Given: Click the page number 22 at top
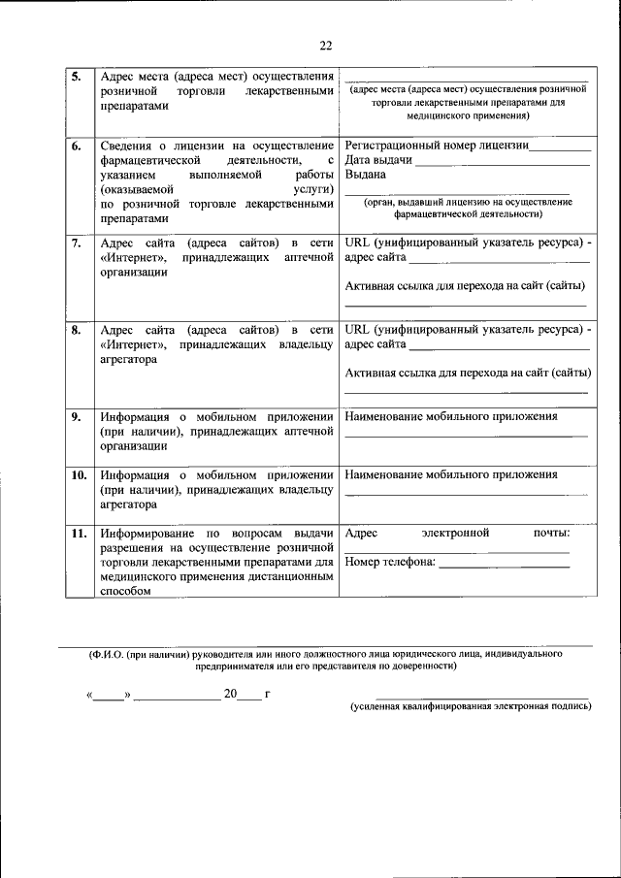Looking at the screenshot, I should pyautogui.click(x=325, y=45).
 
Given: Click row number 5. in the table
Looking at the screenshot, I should pyautogui.click(x=77, y=77).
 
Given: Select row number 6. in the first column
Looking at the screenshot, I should pyautogui.click(x=77, y=146).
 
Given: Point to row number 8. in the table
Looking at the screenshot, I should pyautogui.click(x=77, y=330).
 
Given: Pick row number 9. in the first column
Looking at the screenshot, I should pyautogui.click(x=77, y=417).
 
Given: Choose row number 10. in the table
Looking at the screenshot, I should pyautogui.click(x=79, y=475).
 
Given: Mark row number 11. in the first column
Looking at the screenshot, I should pyautogui.click(x=79, y=534).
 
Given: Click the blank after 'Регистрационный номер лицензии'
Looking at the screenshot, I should pyautogui.click(x=559, y=148).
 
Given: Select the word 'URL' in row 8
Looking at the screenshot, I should pyautogui.click(x=358, y=330).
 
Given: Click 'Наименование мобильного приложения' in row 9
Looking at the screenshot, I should pyautogui.click(x=451, y=417).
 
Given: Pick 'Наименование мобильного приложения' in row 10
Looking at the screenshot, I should pyautogui.click(x=451, y=475).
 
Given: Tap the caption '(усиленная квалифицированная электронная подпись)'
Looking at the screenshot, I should pyautogui.click(x=471, y=707).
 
